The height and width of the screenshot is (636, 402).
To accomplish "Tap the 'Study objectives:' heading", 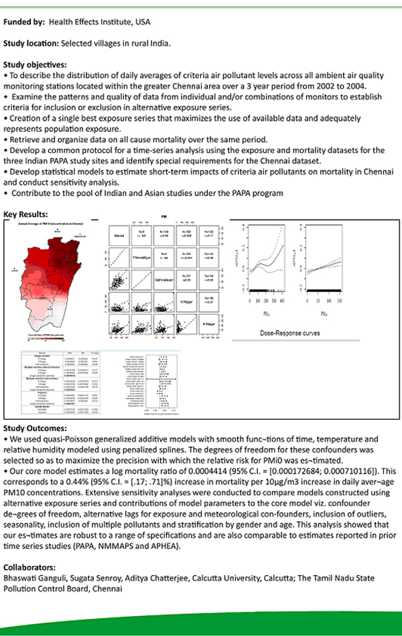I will [x=35, y=65].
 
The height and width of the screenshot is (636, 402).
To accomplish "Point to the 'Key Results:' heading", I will [x=26, y=214].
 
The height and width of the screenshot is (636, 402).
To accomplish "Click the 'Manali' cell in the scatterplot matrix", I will [x=119, y=235].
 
